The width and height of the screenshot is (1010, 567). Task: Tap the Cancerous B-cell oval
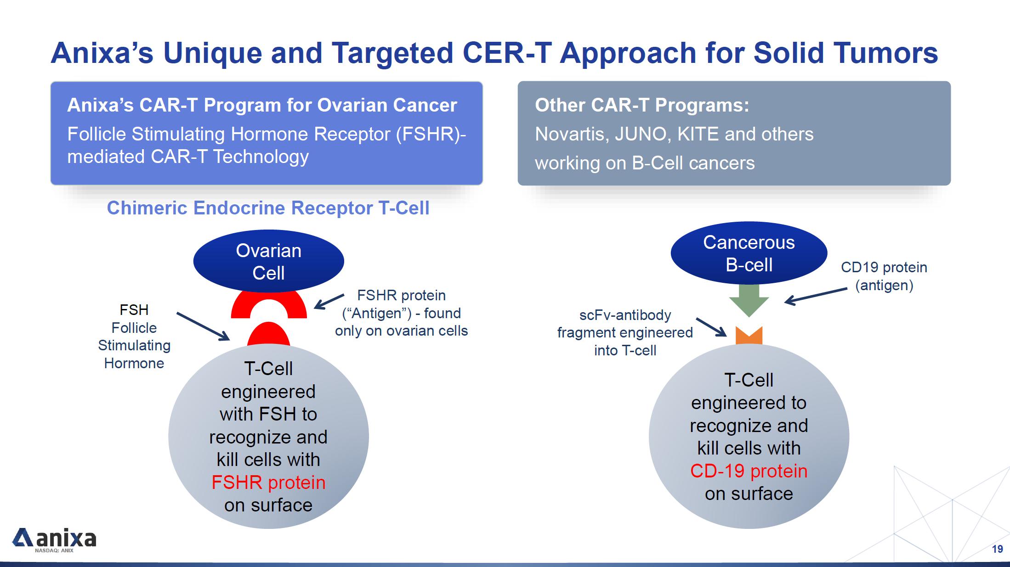pos(749,253)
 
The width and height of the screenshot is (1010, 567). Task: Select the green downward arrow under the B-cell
pos(749,300)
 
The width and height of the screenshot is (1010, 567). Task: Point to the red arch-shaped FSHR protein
pos(268,304)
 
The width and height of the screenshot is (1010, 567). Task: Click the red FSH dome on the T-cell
pos(268,335)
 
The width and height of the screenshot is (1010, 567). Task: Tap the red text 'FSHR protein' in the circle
pos(268,483)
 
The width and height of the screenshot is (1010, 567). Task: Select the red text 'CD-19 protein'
pos(749,471)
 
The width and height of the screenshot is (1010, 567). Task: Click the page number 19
pos(997,549)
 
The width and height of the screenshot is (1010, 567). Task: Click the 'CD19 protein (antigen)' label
pos(884,276)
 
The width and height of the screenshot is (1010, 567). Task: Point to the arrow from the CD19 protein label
pos(816,296)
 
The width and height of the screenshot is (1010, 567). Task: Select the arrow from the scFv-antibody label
pos(711,327)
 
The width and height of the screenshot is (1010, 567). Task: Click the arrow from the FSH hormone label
pos(203,326)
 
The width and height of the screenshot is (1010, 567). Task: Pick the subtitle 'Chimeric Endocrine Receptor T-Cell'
pos(268,208)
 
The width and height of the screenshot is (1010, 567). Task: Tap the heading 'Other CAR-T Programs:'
pos(641,105)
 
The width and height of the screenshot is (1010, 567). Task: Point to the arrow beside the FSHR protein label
pos(329,301)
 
